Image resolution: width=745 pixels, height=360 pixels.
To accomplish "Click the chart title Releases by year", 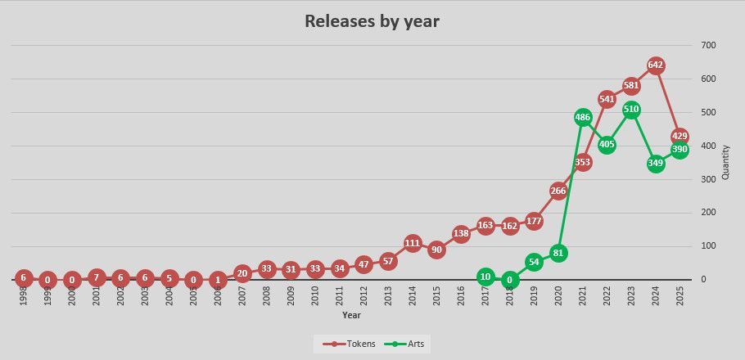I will pyautogui.click(x=372, y=21).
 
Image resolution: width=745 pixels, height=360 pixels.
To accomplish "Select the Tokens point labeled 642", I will pyautogui.click(x=655, y=65).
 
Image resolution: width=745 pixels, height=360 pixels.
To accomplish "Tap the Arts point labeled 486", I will pyautogui.click(x=583, y=117).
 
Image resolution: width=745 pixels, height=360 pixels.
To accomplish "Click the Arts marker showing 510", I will pyautogui.click(x=631, y=109).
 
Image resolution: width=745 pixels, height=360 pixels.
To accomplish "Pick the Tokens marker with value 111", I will pyautogui.click(x=413, y=243).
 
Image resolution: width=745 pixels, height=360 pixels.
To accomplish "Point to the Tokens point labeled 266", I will pyautogui.click(x=558, y=191).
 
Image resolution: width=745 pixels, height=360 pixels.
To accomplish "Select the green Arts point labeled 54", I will pyautogui.click(x=534, y=262).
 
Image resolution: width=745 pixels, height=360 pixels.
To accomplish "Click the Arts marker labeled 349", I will pyautogui.click(x=655, y=163).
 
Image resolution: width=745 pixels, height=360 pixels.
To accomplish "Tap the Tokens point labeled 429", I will pyautogui.click(x=680, y=136).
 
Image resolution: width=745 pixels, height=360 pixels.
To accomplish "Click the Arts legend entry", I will pyautogui.click(x=410, y=344).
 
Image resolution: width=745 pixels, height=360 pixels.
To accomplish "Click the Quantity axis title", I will pyautogui.click(x=725, y=163).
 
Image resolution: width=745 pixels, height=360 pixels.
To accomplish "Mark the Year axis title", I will pyautogui.click(x=351, y=314).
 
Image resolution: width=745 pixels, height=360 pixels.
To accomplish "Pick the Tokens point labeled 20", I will pyautogui.click(x=242, y=273).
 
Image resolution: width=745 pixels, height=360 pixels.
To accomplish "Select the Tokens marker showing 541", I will pyautogui.click(x=607, y=99).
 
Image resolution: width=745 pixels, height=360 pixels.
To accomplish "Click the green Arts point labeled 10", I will pyautogui.click(x=485, y=277).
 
